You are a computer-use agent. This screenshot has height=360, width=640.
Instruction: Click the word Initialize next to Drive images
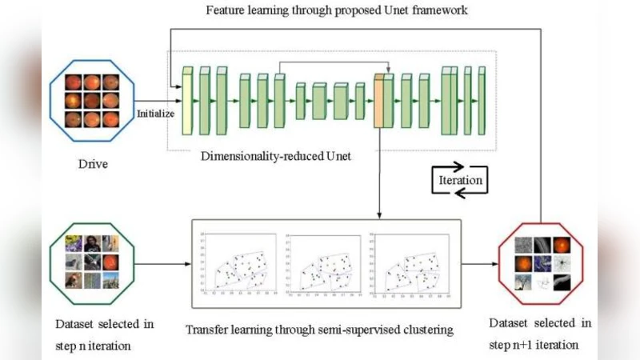point(155,113)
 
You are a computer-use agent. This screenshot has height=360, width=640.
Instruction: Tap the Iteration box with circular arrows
point(460,180)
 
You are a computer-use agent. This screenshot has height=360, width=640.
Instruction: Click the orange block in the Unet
point(380,100)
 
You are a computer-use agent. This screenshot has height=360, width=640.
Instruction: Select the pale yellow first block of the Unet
point(188,100)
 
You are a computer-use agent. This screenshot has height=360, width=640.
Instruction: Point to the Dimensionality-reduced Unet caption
point(277,157)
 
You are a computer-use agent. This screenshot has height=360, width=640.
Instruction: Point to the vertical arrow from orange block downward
point(380,172)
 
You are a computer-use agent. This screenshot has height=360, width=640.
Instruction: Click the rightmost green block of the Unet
point(482,100)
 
